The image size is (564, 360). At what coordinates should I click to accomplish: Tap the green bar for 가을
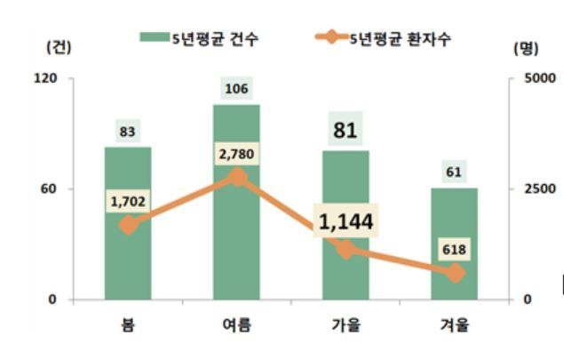point(346,267)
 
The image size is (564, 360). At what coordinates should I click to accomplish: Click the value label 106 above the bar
point(237,89)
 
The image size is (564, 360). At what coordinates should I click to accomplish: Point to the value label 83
point(128,132)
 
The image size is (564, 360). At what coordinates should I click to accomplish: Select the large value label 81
point(346,131)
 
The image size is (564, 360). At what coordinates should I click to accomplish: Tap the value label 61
point(455,172)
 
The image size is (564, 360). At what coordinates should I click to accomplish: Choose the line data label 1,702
point(128,202)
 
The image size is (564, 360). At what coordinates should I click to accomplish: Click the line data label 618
point(455,250)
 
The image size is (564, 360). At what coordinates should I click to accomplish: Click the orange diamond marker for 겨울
point(455,274)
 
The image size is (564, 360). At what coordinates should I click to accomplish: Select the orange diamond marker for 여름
point(237,178)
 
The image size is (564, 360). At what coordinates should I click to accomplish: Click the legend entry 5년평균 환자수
point(391,37)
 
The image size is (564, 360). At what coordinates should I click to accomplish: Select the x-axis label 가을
point(346,324)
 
